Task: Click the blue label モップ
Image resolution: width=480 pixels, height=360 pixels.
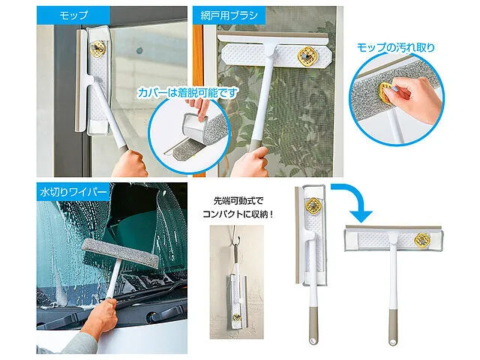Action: pos(73,15)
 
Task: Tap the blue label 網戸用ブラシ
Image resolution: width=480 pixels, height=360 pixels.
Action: pos(229,15)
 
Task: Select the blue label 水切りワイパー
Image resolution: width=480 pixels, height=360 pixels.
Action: pos(73,192)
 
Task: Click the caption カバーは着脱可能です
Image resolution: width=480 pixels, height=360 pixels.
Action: pos(187,92)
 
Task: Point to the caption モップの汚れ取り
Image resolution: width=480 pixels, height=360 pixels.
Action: pos(395,47)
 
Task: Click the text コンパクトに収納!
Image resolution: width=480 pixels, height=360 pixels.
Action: pos(238,214)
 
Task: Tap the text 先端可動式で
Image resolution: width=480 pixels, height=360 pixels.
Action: pos(238,201)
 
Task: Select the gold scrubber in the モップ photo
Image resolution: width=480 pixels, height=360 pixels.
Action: pos(97,48)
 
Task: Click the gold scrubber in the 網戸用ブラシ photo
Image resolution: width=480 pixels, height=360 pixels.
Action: pos(307,56)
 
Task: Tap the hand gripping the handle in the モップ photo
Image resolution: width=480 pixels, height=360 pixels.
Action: pos(130,163)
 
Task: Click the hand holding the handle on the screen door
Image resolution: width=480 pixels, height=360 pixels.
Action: pos(251,162)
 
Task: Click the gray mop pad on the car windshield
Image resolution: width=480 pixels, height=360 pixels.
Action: pos(121,253)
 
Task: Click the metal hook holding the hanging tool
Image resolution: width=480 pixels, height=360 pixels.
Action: pos(235,235)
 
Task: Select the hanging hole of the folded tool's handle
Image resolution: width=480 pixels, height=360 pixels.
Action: pos(313,340)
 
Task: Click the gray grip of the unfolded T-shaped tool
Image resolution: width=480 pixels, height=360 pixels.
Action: pos(393,328)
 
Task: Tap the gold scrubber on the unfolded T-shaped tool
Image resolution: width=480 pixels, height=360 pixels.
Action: pos(422,239)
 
